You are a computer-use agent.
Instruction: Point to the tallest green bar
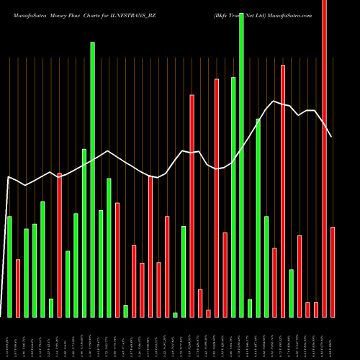tap(241, 166)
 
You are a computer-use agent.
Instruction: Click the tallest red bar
tap(324, 158)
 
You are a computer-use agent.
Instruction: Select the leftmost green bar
tap(9, 266)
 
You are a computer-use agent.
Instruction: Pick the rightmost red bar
tap(333, 271)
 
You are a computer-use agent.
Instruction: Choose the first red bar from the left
tap(18, 288)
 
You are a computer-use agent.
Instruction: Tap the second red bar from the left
tap(59, 245)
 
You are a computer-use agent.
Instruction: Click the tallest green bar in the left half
tap(92, 179)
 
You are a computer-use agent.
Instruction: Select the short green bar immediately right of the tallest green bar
tap(249, 307)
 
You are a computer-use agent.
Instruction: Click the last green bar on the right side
tap(291, 293)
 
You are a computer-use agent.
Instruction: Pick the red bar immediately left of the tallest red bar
tap(315, 310)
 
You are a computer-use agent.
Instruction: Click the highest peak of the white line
tap(274, 101)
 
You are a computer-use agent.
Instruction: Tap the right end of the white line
tap(332, 136)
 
